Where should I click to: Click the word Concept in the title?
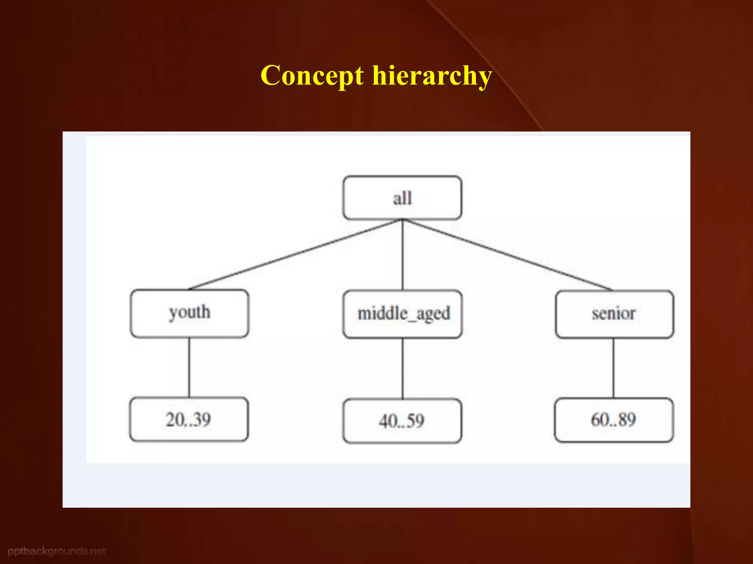pos(312,76)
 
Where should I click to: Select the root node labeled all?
pos(402,198)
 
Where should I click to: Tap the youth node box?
pos(189,313)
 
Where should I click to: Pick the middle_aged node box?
pos(402,314)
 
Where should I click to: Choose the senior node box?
pos(614,314)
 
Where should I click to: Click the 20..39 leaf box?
pos(189,419)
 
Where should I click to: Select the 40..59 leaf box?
pos(402,421)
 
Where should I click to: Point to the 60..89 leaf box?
pos(614,420)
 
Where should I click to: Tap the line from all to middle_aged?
pos(402,254)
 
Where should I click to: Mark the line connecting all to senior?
pos(507,254)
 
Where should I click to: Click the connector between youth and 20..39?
pos(189,367)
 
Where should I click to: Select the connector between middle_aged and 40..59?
pos(402,368)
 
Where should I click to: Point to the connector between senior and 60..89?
pos(613,368)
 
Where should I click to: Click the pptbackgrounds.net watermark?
pos(57,551)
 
